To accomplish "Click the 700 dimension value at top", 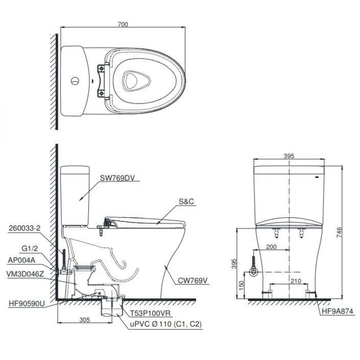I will pyautogui.click(x=123, y=24).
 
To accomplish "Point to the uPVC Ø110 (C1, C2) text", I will pyautogui.click(x=165, y=324).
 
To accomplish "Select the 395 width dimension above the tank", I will pyautogui.click(x=289, y=156).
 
